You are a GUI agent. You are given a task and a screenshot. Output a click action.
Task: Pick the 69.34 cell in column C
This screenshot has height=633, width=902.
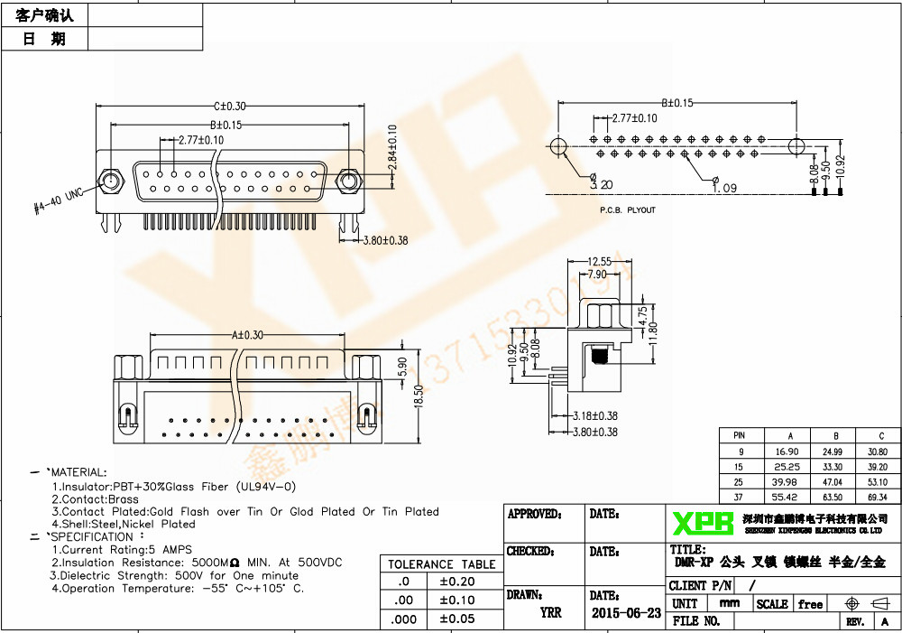(x=877, y=498)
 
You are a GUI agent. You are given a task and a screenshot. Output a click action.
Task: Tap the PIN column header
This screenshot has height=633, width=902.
(x=740, y=435)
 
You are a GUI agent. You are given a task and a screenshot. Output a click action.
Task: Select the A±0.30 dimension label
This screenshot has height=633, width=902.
(x=247, y=335)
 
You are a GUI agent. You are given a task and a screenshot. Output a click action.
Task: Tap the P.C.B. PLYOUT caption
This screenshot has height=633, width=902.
(x=628, y=210)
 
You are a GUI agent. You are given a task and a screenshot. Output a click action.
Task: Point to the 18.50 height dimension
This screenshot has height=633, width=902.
(x=417, y=396)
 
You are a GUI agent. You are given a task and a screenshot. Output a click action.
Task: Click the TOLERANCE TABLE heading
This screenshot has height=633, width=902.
(x=441, y=564)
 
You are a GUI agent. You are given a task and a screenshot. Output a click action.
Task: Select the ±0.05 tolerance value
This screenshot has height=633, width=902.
(x=456, y=619)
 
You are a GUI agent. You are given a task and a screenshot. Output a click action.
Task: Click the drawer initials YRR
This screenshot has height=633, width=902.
(x=550, y=612)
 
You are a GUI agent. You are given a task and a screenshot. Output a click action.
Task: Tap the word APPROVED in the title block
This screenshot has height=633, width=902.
(x=533, y=515)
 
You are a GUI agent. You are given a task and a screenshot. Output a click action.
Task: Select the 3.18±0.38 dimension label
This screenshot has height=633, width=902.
(x=595, y=416)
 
